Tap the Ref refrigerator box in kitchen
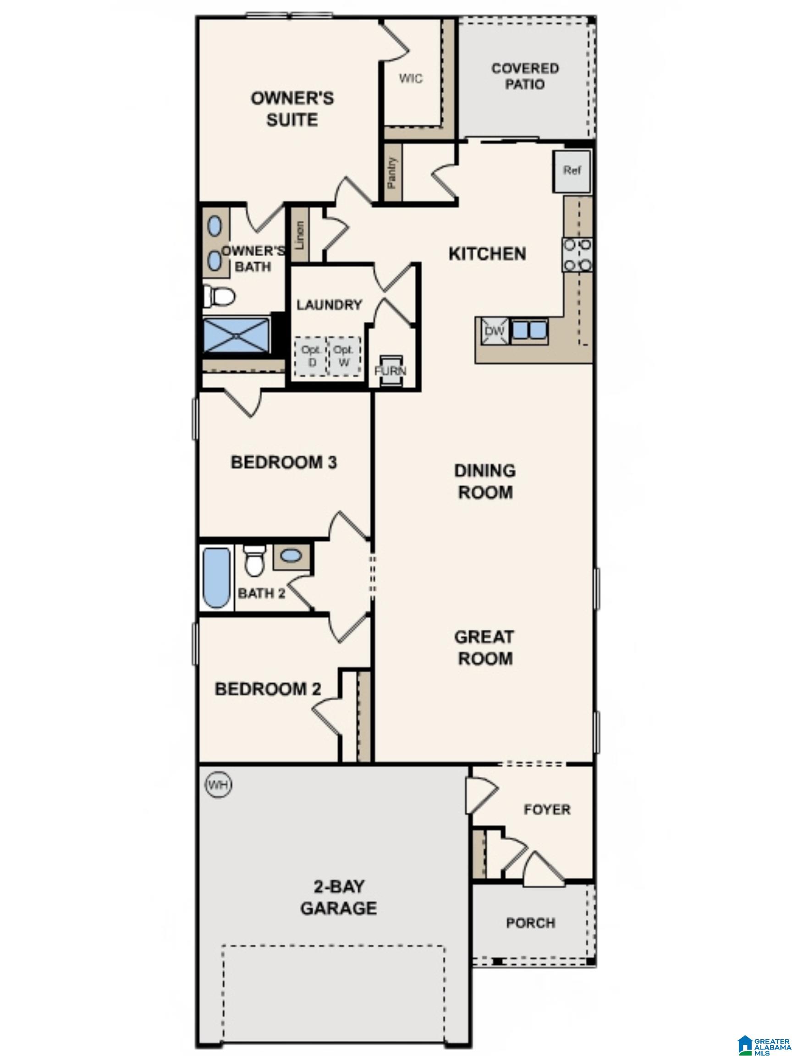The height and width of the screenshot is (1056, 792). tap(572, 170)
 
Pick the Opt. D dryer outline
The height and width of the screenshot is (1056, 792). tap(309, 356)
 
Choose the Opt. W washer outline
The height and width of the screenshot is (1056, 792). tap(344, 356)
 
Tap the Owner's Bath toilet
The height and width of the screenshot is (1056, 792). tap(219, 296)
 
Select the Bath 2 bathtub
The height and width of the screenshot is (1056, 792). tap(217, 577)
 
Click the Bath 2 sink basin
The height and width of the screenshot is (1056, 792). tap(291, 555)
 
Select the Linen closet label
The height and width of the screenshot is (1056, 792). tap(300, 235)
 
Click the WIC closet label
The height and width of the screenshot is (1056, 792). tap(411, 78)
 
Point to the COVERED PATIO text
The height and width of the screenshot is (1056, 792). tap(525, 77)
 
